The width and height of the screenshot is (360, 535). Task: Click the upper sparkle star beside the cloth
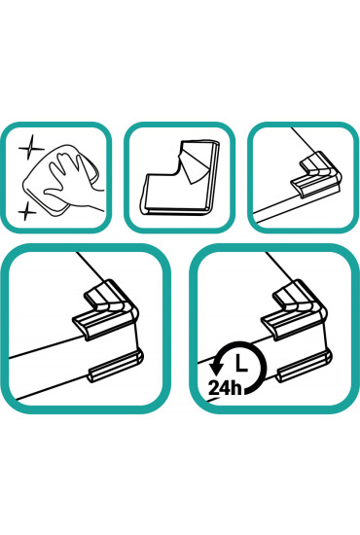31,148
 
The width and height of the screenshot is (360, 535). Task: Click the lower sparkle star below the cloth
26,211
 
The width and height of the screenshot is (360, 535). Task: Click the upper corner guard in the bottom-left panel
106,308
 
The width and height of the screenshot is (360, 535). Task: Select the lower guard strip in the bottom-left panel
116,366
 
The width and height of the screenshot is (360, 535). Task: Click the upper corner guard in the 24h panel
294,308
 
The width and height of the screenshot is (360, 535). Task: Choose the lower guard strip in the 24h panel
305,366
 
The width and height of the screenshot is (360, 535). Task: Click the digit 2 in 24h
214,388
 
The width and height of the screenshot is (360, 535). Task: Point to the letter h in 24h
237,387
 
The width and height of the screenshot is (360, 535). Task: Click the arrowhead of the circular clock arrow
216,370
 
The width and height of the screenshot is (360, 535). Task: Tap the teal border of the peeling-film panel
179,125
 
